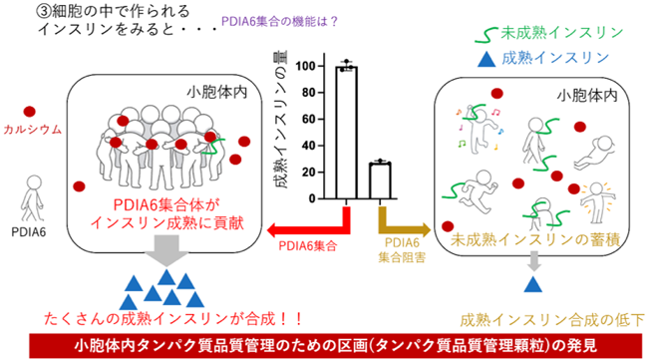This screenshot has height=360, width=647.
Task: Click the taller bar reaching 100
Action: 346,133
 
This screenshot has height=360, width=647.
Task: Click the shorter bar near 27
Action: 380,181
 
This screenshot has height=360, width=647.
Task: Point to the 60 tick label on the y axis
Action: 308,120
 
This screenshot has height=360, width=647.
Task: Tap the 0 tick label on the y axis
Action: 312,199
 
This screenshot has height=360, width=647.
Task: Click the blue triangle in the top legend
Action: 486,59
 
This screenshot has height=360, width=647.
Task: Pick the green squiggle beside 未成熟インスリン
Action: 486,35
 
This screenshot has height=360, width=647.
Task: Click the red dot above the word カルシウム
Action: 29,112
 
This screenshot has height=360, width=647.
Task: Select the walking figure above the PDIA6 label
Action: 33,198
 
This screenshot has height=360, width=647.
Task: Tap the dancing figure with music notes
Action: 479,128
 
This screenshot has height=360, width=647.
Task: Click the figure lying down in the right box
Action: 595,152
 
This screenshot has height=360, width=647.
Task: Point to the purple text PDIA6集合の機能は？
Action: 280,22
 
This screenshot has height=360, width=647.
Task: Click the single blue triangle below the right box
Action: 532,284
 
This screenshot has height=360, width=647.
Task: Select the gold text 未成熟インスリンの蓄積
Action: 535,240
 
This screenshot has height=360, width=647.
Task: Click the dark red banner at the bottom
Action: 336,346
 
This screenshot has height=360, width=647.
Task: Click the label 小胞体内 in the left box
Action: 217,92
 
